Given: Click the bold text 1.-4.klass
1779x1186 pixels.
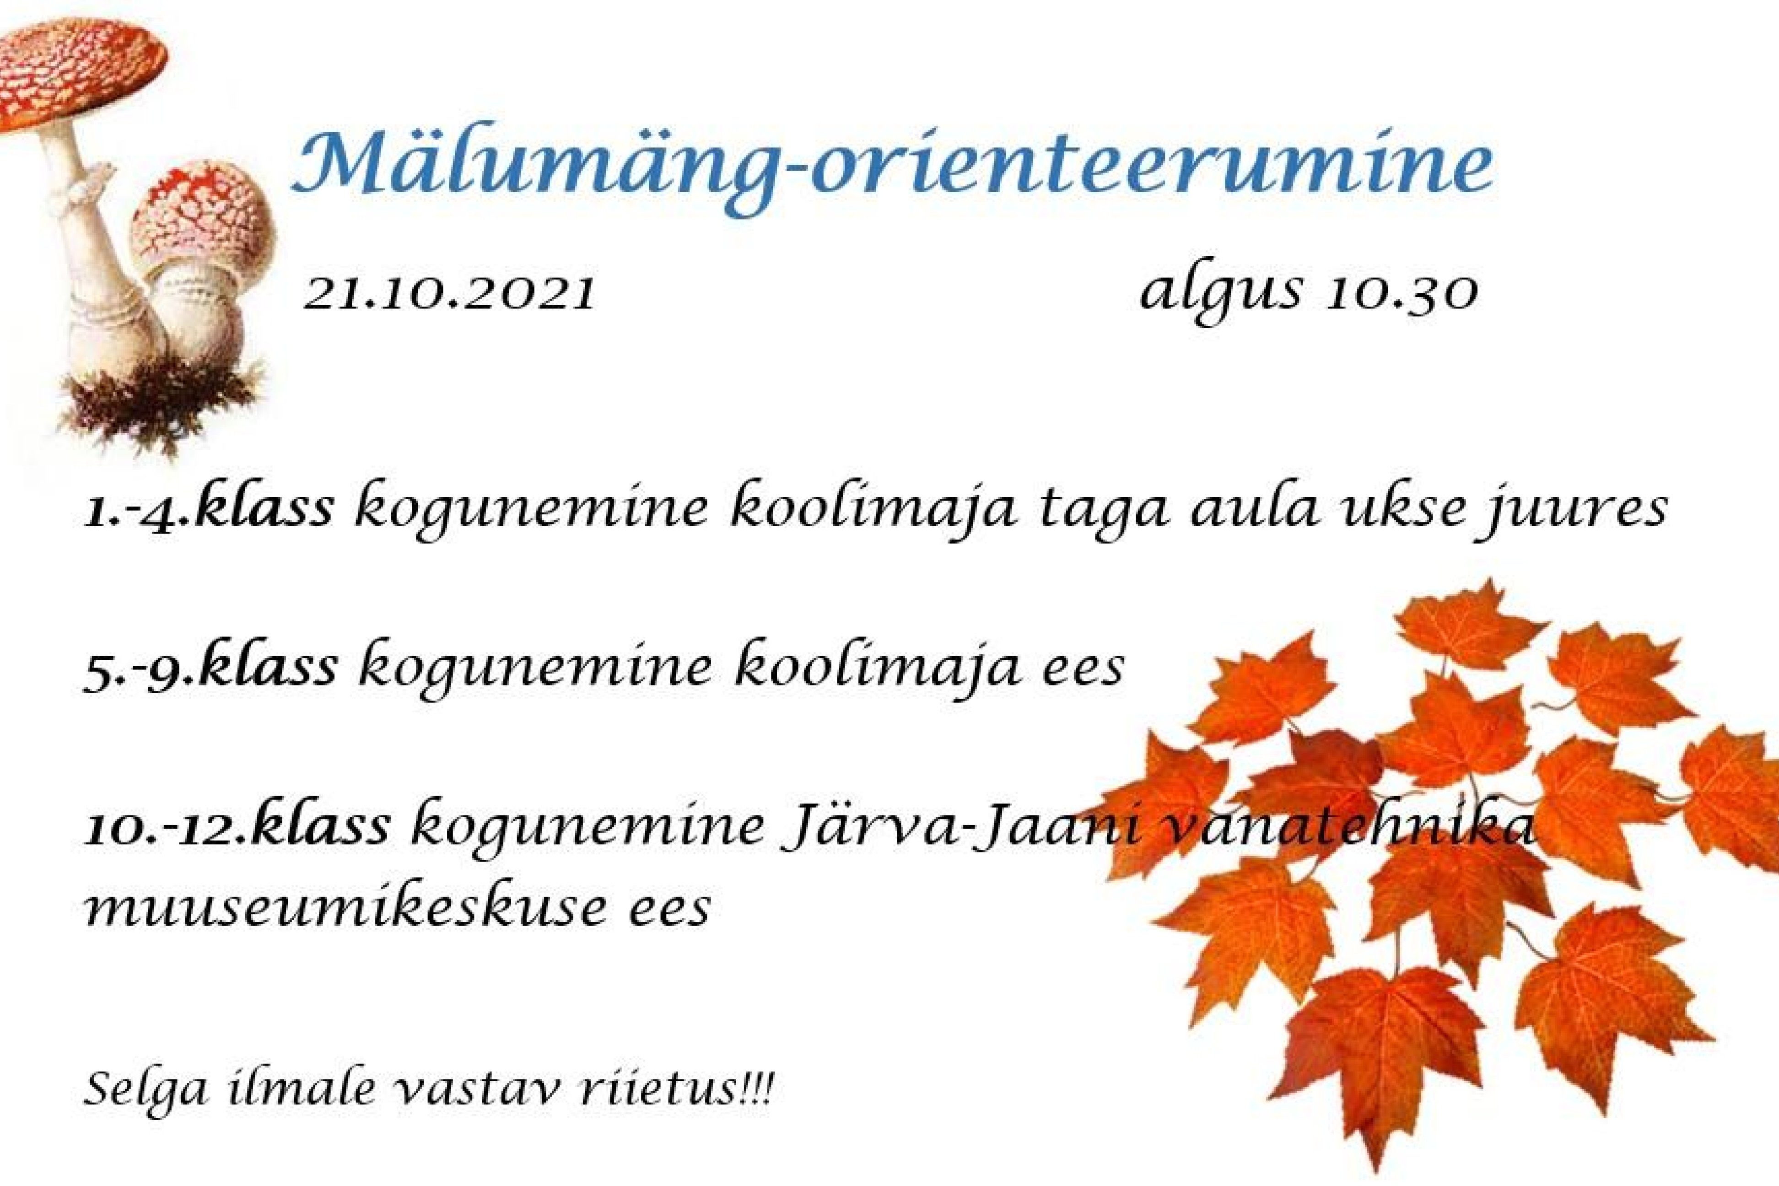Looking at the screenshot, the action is pyautogui.click(x=208, y=507).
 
